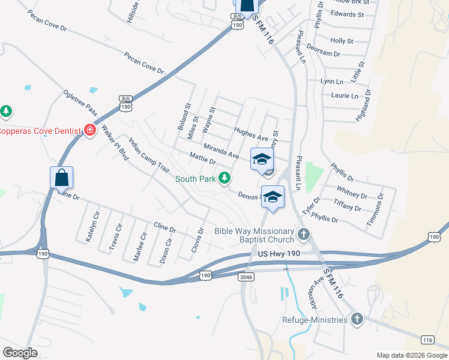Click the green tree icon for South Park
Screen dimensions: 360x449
(224, 178)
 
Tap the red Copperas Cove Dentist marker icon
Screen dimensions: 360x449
(90, 130)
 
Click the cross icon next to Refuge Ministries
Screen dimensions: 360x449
(357, 319)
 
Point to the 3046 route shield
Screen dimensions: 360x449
(246, 277)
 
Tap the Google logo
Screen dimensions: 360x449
(20, 352)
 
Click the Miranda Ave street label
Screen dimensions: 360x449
(221, 151)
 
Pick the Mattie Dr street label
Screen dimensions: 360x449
(202, 159)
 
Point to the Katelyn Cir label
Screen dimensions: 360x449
(92, 225)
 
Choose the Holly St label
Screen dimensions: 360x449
(342, 41)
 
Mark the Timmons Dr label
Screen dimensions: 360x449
(376, 210)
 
